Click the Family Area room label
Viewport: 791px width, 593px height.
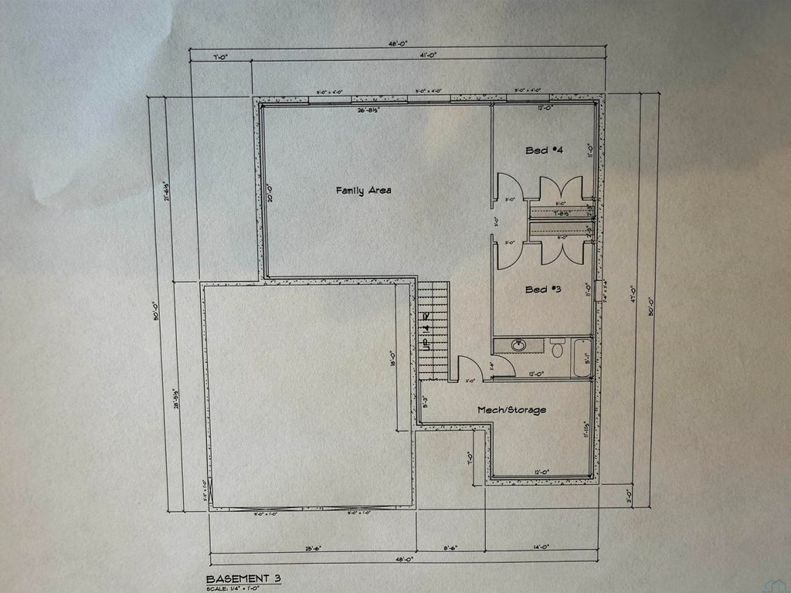tap(363, 190)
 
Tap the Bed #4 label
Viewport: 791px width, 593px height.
tap(543, 150)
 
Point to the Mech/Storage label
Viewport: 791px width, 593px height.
tap(511, 410)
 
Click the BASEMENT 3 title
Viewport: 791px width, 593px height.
tap(238, 578)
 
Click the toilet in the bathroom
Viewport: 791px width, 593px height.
tap(558, 348)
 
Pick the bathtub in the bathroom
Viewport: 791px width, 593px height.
tap(582, 357)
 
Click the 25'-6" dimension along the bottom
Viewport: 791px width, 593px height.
tap(313, 548)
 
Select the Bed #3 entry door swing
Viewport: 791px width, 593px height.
tap(508, 254)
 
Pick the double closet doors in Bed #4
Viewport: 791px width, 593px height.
tap(561, 190)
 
